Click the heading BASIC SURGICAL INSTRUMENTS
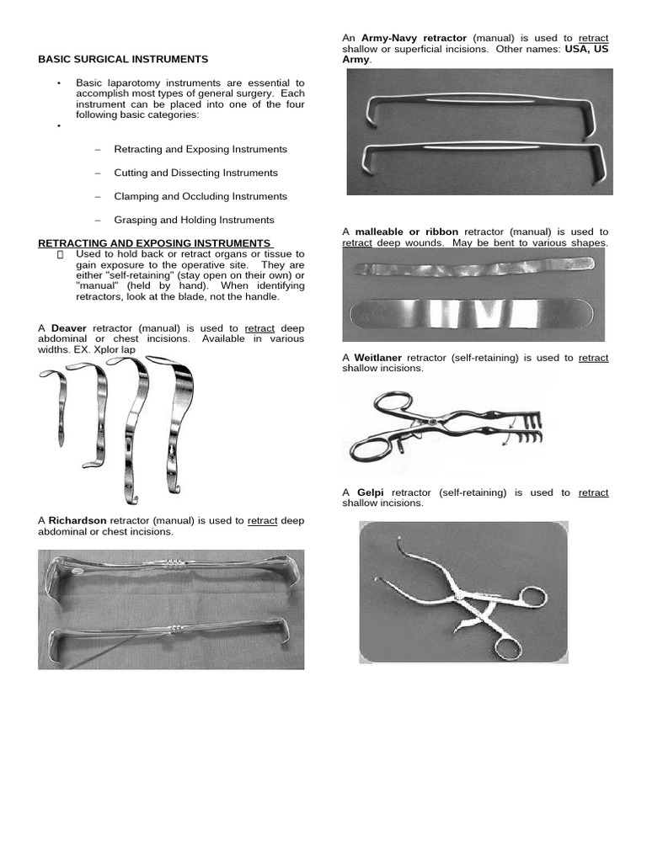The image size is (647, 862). pyautogui.click(x=123, y=60)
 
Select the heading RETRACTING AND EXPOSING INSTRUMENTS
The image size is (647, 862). pyautogui.click(x=154, y=243)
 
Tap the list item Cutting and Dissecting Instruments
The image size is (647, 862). pyautogui.click(x=195, y=173)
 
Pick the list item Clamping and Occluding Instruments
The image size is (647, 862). pyautogui.click(x=201, y=196)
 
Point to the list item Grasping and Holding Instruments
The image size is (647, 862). pyautogui.click(x=194, y=220)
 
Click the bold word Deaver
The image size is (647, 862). pyautogui.click(x=68, y=327)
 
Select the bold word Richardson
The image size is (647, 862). pyautogui.click(x=78, y=521)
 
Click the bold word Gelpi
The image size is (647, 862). pyautogui.click(x=371, y=492)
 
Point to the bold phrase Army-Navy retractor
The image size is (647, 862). pyautogui.click(x=414, y=39)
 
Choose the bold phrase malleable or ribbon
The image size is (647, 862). pyautogui.click(x=407, y=231)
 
